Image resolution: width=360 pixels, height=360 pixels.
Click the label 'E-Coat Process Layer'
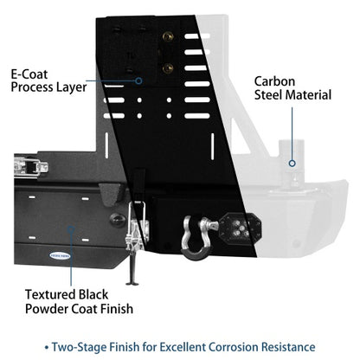48,81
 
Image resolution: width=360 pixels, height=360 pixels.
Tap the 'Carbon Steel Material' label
292,88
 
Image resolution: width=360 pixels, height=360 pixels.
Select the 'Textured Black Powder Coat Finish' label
79,302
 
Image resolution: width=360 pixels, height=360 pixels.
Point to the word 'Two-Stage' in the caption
76,347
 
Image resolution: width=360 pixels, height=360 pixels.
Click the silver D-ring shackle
197,236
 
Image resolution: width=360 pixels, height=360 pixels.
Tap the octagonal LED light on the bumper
240,228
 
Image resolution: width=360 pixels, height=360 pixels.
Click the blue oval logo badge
60,255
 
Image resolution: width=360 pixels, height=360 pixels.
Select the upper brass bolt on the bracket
168,36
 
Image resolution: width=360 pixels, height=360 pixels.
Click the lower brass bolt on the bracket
168,68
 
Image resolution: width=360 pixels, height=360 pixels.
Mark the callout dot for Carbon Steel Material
292,164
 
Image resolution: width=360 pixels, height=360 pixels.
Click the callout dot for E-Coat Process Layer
138,80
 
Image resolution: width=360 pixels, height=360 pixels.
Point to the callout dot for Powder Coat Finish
71,229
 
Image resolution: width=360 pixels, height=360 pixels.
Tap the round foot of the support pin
132,284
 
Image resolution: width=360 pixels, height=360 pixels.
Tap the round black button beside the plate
118,220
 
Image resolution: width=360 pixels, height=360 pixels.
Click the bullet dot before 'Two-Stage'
47,348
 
